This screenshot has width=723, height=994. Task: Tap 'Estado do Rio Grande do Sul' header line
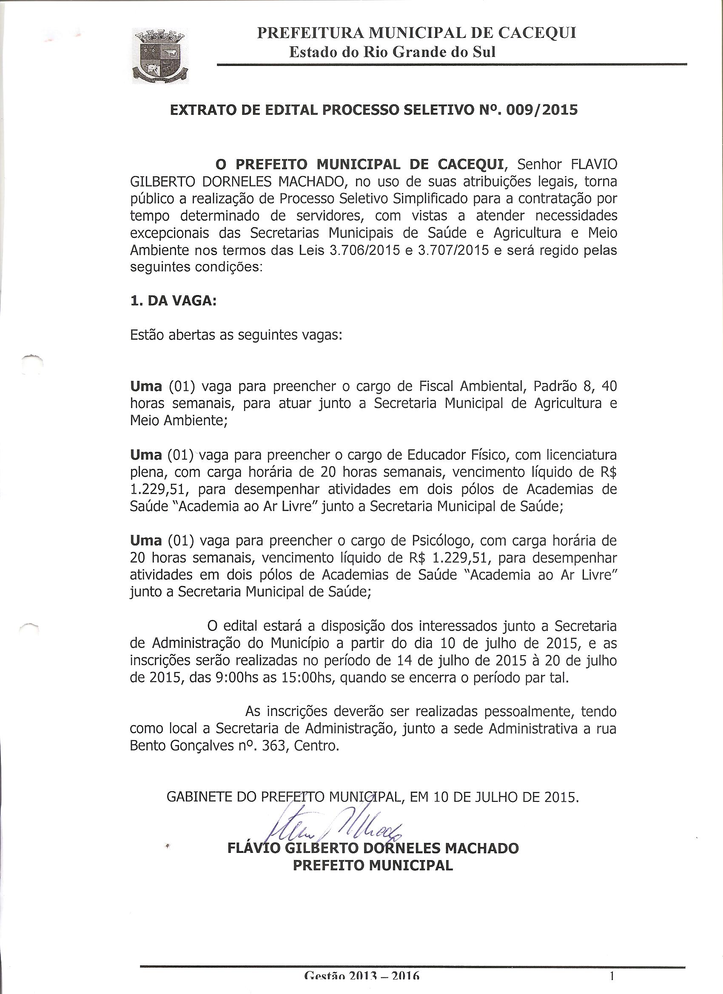click(x=393, y=52)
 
